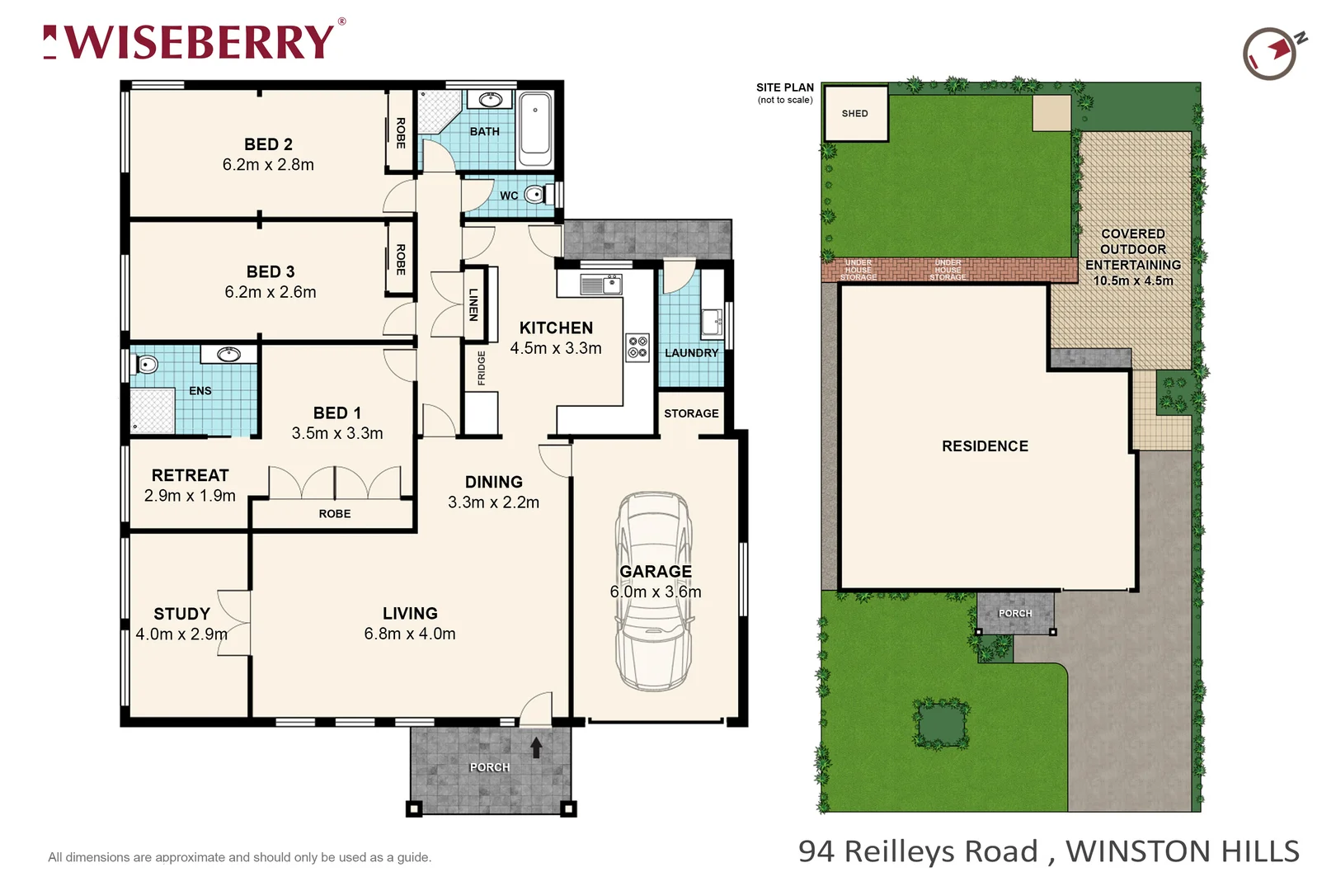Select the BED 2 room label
coord(268,144)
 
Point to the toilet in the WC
coord(534,196)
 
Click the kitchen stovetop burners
coord(637,346)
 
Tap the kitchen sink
coord(601,285)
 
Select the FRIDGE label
coord(482,368)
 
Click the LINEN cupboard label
coord(473,304)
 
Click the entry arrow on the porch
coord(536,747)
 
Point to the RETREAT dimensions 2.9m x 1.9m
coord(190,496)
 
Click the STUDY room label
coord(181,614)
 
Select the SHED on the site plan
coord(855,114)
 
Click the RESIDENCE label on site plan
coord(985,446)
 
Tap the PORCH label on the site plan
coord(1015,614)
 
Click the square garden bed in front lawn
coord(941,724)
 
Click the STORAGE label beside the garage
coord(691,413)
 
